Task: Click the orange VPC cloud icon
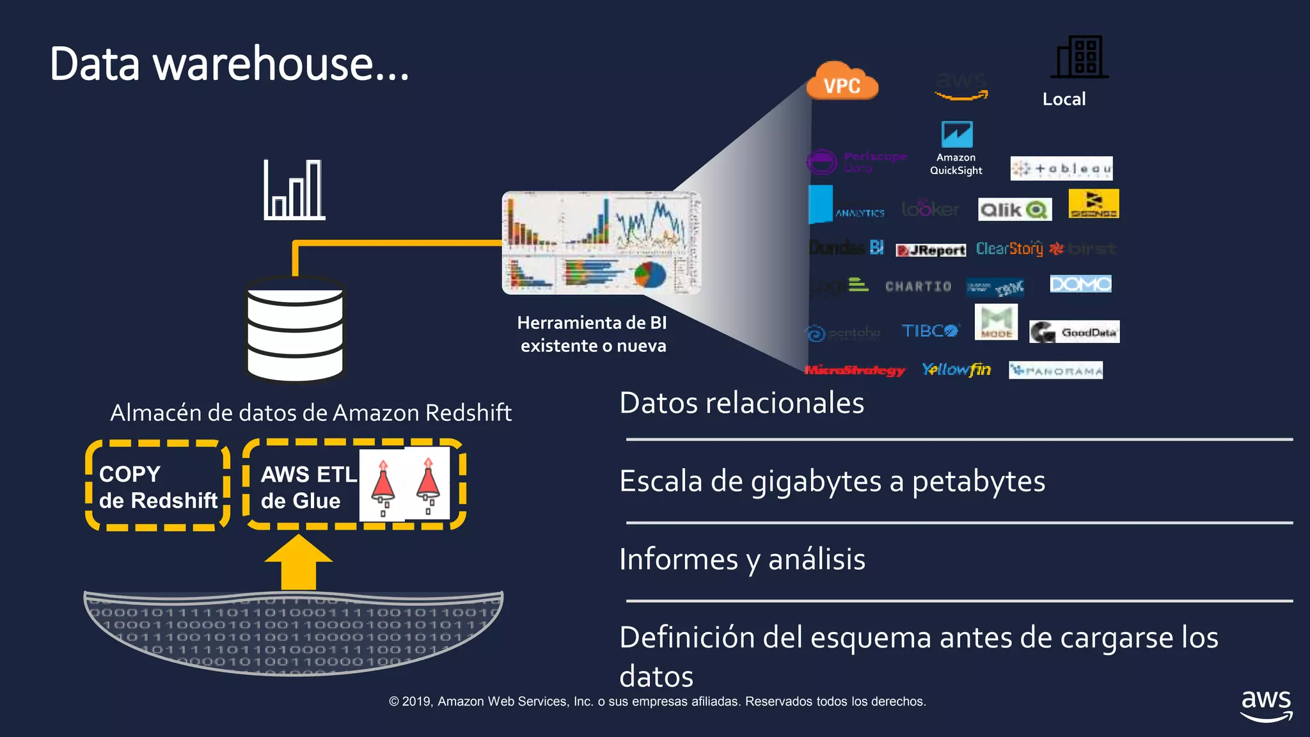(x=842, y=82)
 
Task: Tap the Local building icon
(x=1082, y=57)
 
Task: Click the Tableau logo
(x=1061, y=168)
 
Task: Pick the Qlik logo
(x=1014, y=209)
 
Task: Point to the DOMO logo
(x=1080, y=283)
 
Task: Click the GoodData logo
(x=1074, y=332)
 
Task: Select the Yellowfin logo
(x=956, y=370)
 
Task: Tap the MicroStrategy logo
(x=854, y=370)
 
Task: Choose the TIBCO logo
(x=930, y=331)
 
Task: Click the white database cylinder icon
(x=296, y=329)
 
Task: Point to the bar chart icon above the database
(x=294, y=190)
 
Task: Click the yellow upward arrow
(x=299, y=562)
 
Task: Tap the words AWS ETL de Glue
(x=308, y=487)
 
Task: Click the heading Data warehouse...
(x=229, y=64)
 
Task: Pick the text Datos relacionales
(x=741, y=403)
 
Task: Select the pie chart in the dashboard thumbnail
(x=650, y=274)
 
